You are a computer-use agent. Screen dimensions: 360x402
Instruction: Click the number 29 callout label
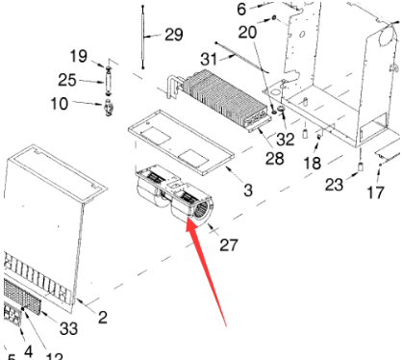[172, 35]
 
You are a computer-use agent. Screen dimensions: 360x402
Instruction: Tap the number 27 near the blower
[228, 244]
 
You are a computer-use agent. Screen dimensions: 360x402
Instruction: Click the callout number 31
[208, 59]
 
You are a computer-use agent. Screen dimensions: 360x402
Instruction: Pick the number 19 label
[78, 55]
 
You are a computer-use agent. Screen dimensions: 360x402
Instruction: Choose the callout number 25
[66, 79]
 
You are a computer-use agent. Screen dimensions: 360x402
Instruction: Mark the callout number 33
[67, 327]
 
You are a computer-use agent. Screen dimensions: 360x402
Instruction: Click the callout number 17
[375, 192]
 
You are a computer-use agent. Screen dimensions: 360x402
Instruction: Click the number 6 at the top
[241, 9]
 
